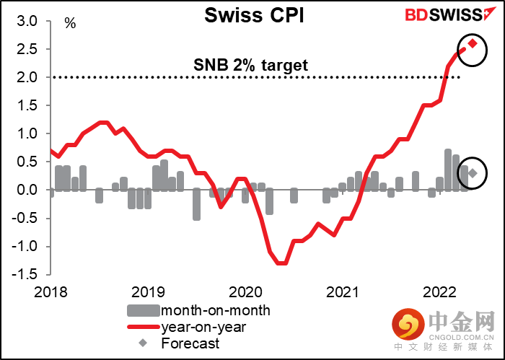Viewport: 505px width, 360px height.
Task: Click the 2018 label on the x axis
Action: click(50, 292)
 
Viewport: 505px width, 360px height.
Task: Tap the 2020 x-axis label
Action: click(245, 292)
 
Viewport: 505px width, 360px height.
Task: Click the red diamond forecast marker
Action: click(473, 43)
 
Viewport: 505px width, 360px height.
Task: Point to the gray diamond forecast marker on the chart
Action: click(473, 173)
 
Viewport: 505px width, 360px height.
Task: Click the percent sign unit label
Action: click(70, 23)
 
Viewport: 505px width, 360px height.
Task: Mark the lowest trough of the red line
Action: click(282, 263)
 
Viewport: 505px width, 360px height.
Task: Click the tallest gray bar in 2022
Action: click(448, 170)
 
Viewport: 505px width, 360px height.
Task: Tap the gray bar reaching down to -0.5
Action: click(196, 204)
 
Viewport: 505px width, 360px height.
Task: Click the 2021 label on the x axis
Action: click(342, 292)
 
